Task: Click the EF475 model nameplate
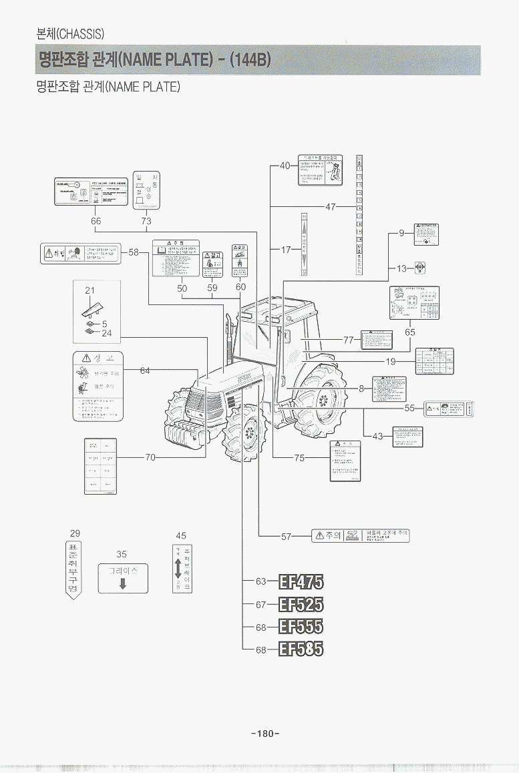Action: (x=301, y=583)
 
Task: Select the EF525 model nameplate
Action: (x=301, y=605)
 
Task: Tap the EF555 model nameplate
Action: (x=301, y=626)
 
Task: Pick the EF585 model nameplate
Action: (x=301, y=648)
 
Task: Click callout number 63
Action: (x=261, y=581)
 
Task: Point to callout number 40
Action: (x=285, y=166)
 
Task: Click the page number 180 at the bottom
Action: (x=265, y=734)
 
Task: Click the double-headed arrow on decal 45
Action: (x=178, y=569)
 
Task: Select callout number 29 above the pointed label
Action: (x=75, y=533)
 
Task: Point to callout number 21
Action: (x=90, y=290)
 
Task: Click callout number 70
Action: (x=150, y=458)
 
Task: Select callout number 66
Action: (x=96, y=221)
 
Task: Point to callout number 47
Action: (x=331, y=208)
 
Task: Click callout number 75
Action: (x=299, y=458)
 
